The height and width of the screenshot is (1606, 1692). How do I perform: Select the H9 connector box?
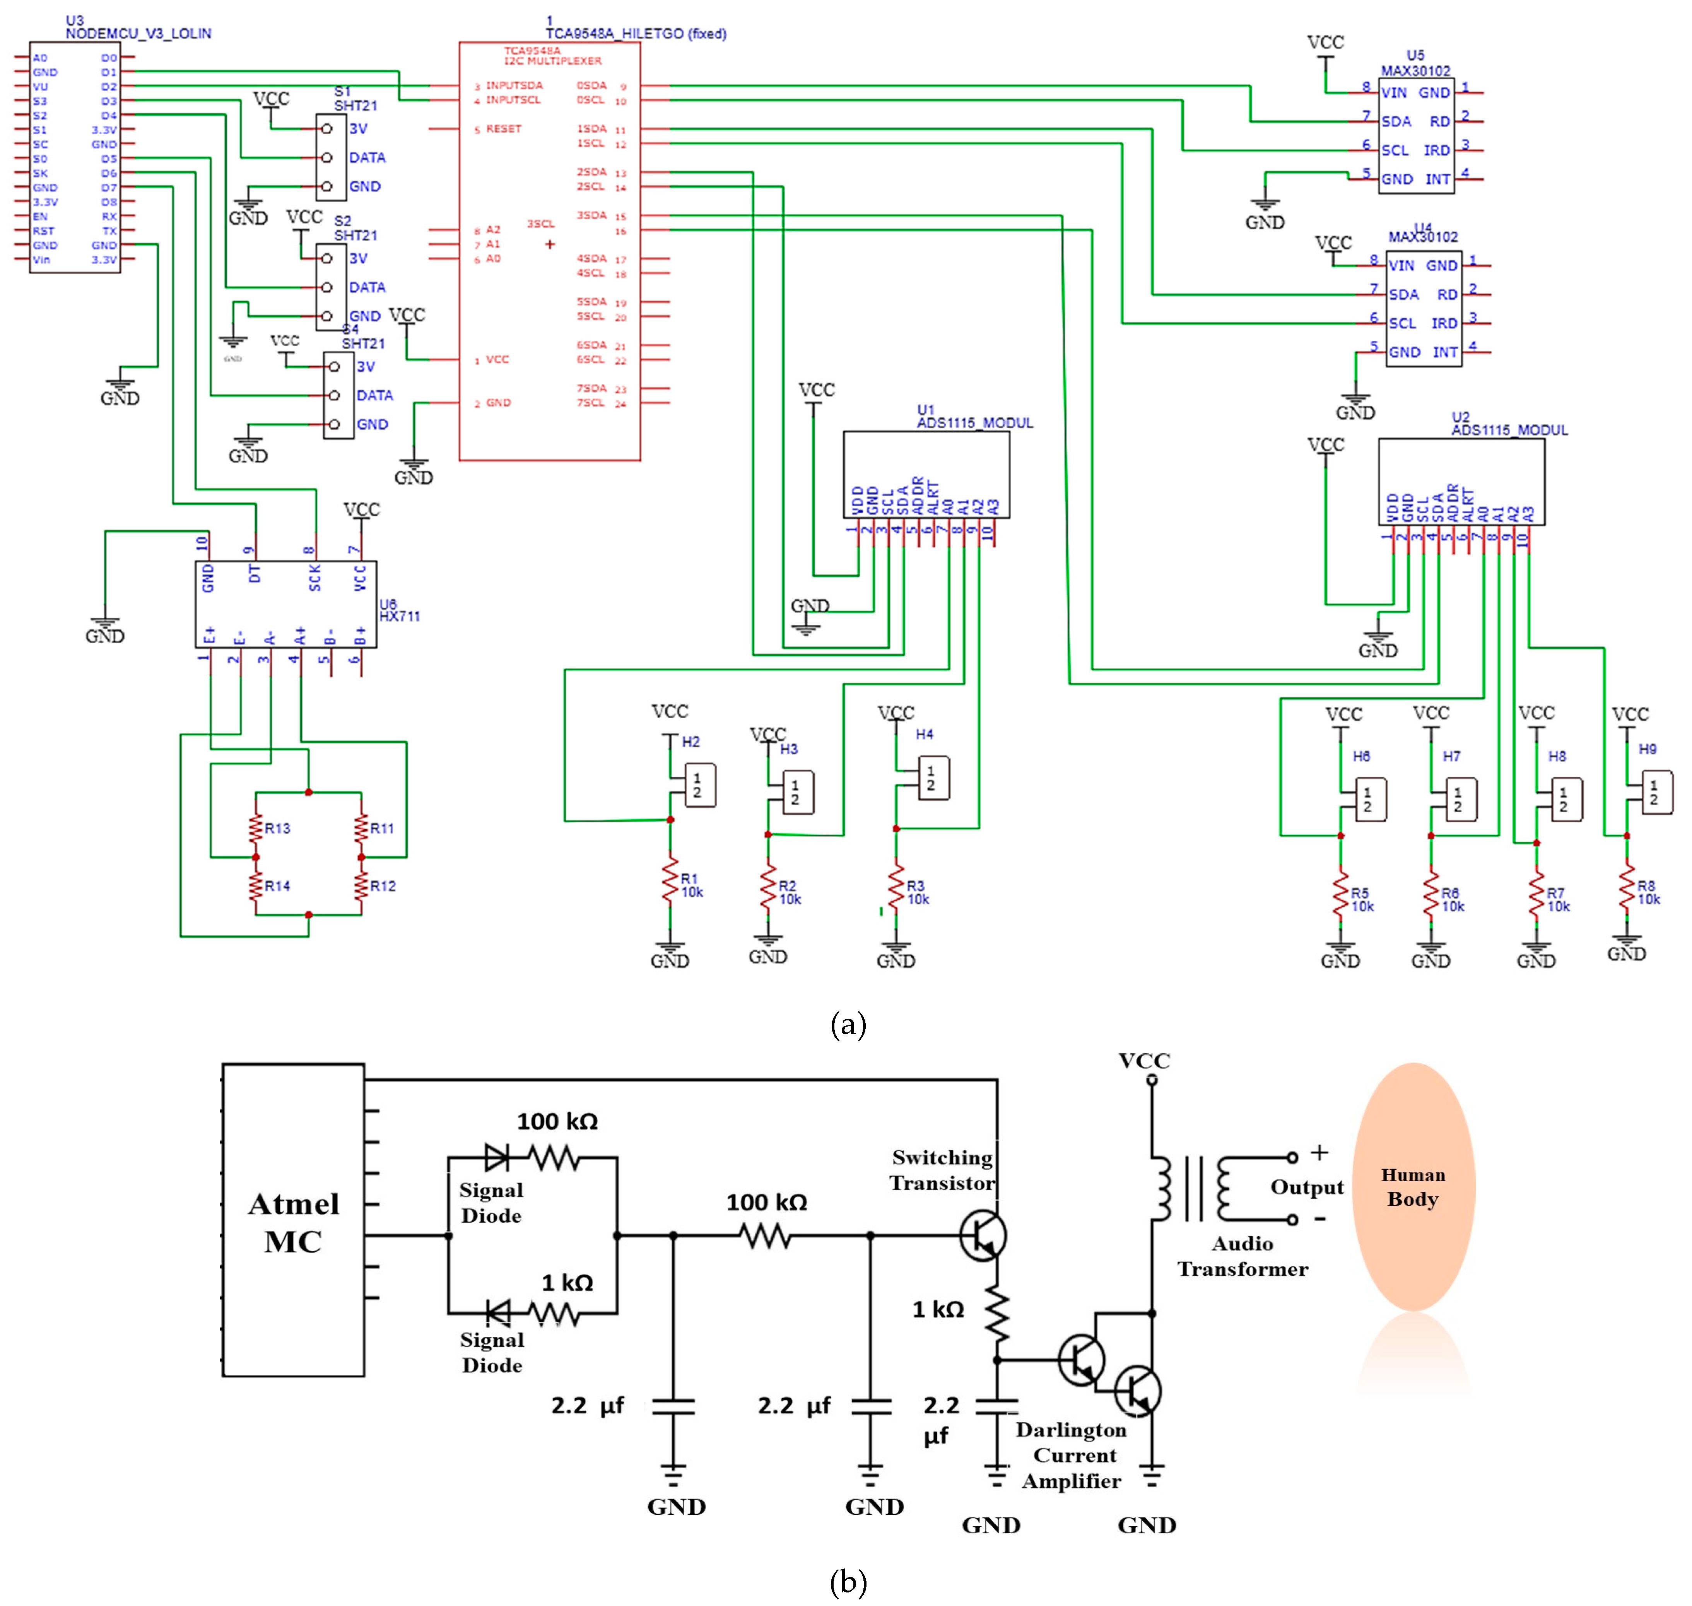(1657, 792)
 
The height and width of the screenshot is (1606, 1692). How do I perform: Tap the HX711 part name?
(400, 617)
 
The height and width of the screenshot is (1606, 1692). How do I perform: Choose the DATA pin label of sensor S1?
(367, 157)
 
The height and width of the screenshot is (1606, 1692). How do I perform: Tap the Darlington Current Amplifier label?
(1071, 1455)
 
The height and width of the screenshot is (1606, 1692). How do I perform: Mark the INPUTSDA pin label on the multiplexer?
(514, 85)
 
